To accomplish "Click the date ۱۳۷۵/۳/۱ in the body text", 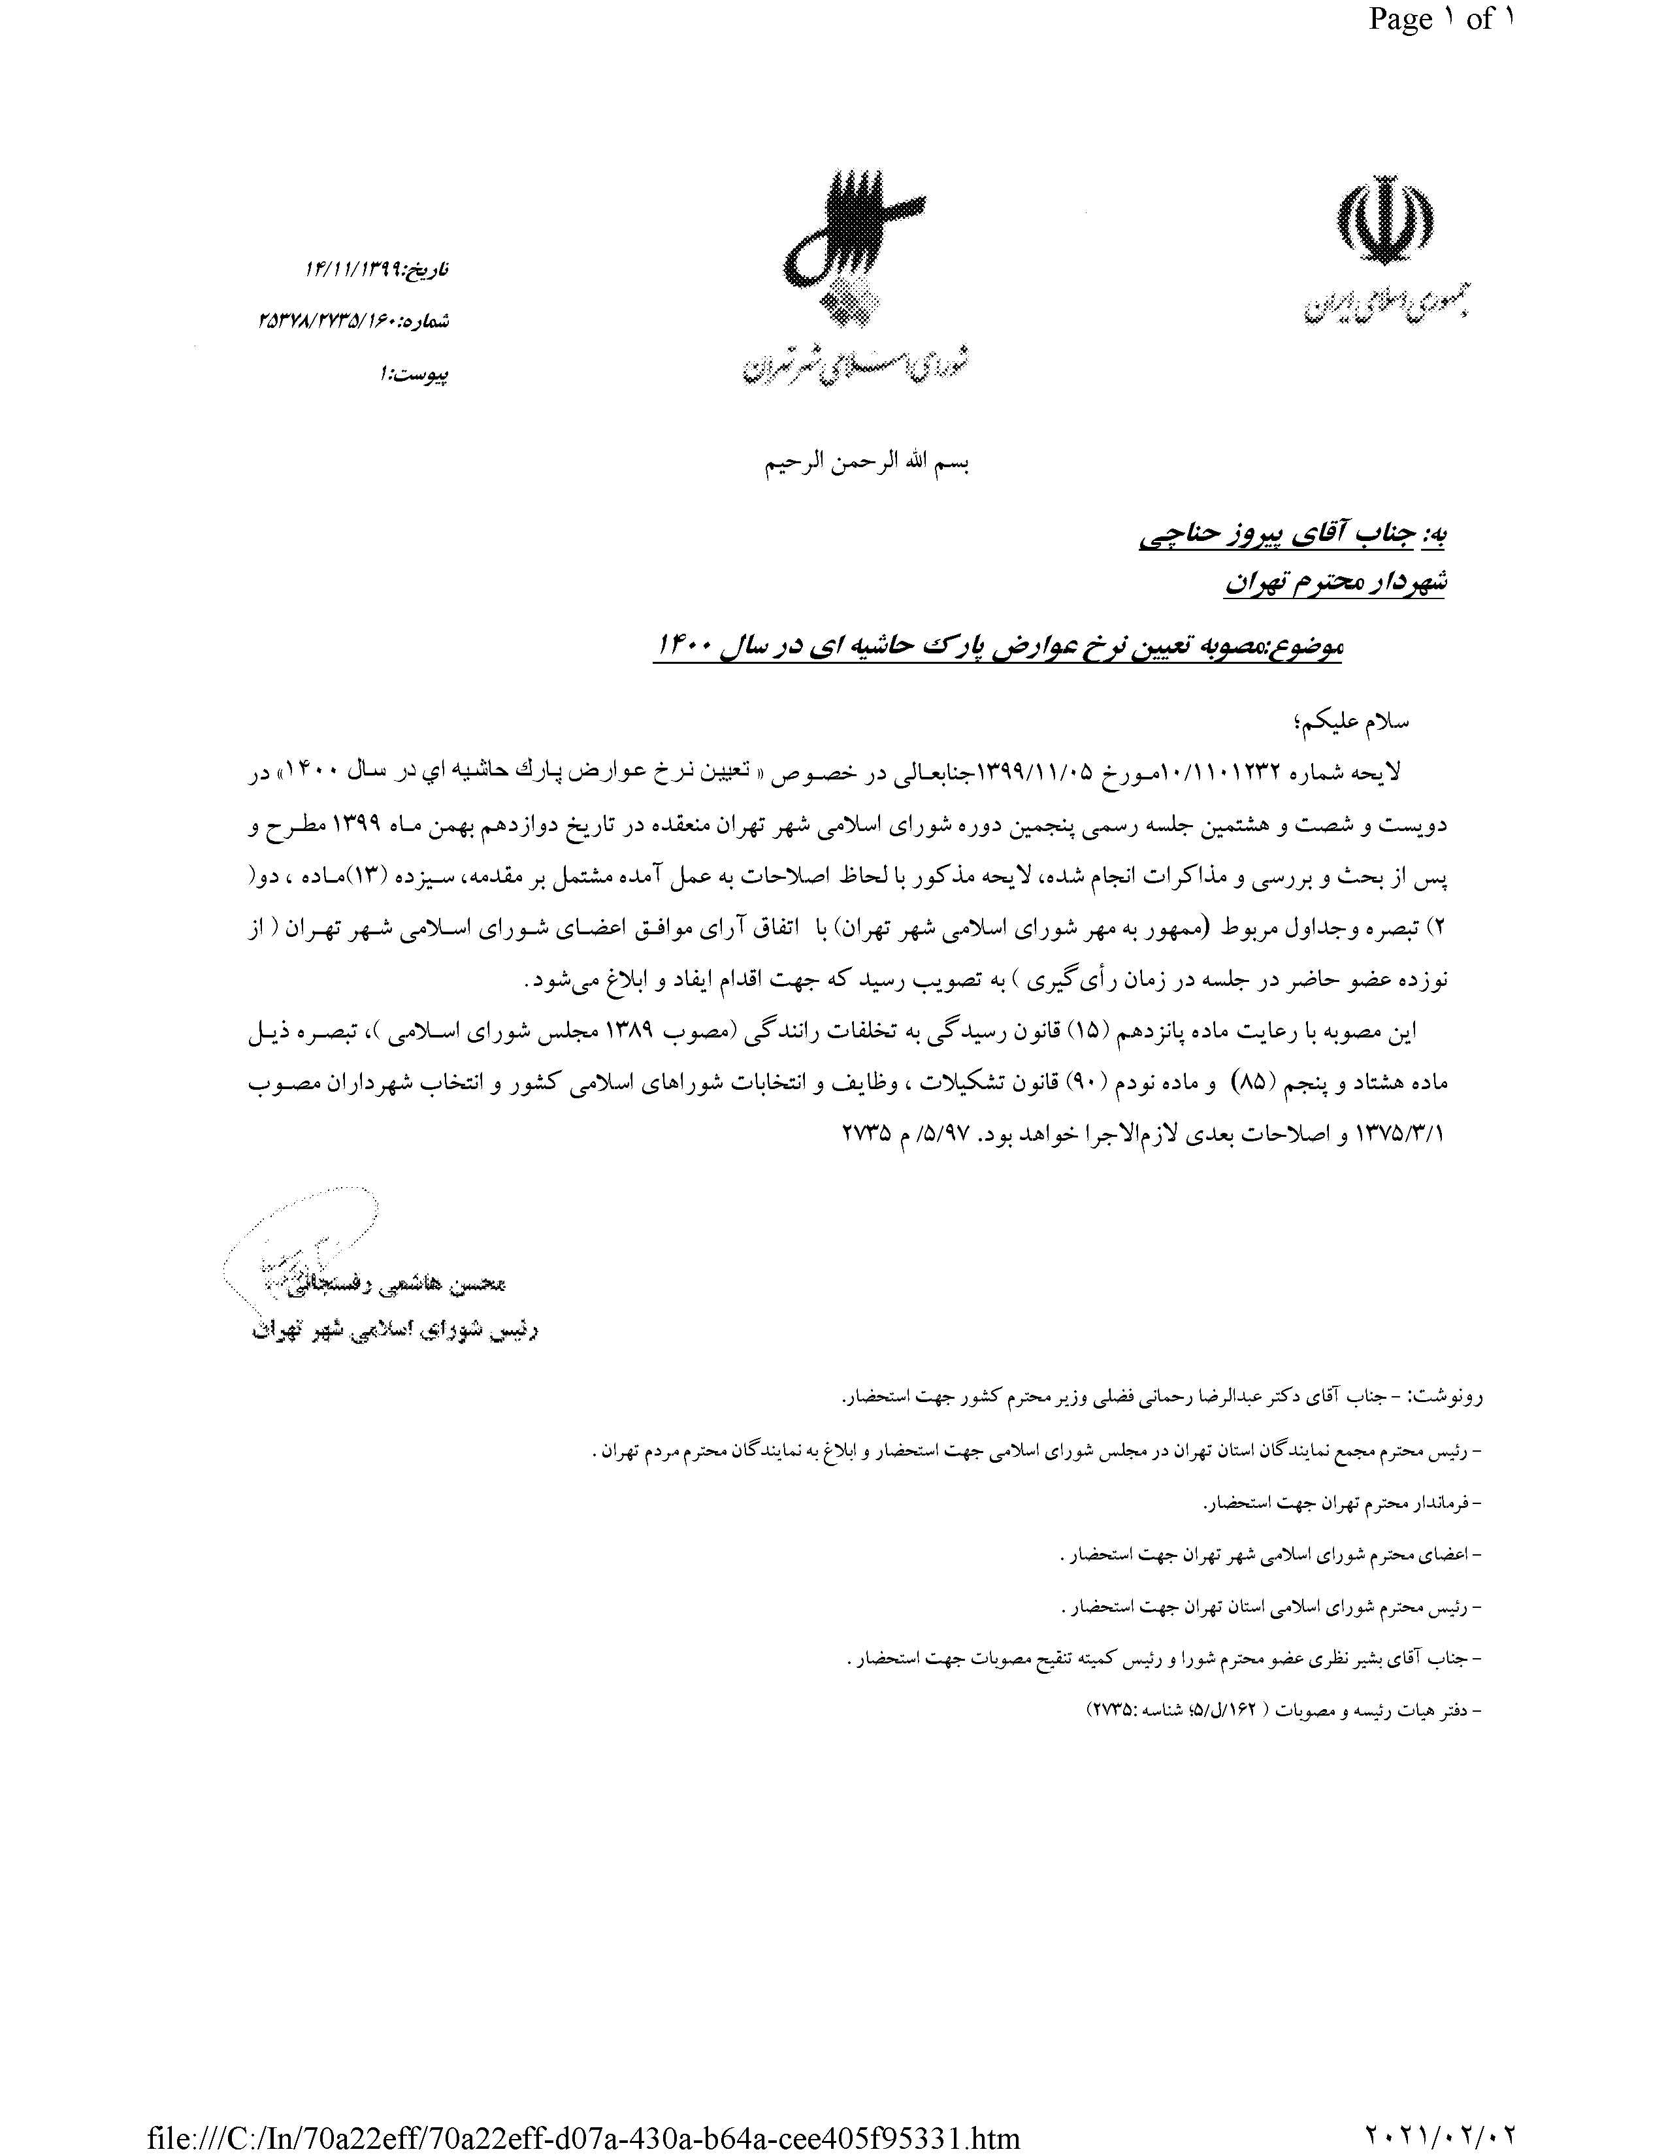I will (x=1401, y=1134).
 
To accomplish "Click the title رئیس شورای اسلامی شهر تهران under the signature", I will (x=395, y=1331).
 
